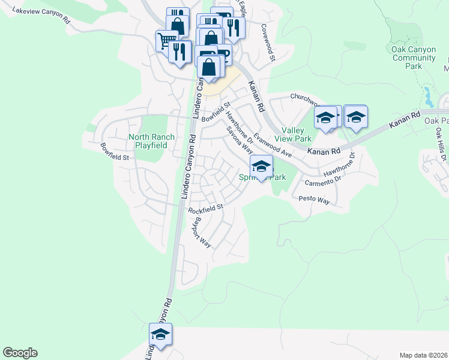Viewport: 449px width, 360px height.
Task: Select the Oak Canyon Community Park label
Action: (414, 58)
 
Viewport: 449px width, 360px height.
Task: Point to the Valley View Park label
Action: (294, 134)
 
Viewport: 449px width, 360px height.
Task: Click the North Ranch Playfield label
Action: (152, 141)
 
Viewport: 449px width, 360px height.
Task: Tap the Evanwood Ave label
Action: (272, 145)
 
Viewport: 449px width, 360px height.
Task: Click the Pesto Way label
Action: (315, 200)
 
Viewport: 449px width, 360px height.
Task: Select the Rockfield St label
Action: (205, 208)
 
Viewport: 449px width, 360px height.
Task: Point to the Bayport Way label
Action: (202, 232)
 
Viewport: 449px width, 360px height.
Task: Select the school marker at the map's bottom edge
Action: (161, 334)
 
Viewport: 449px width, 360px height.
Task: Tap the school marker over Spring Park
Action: (261, 166)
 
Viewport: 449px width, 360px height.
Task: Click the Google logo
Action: (20, 353)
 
